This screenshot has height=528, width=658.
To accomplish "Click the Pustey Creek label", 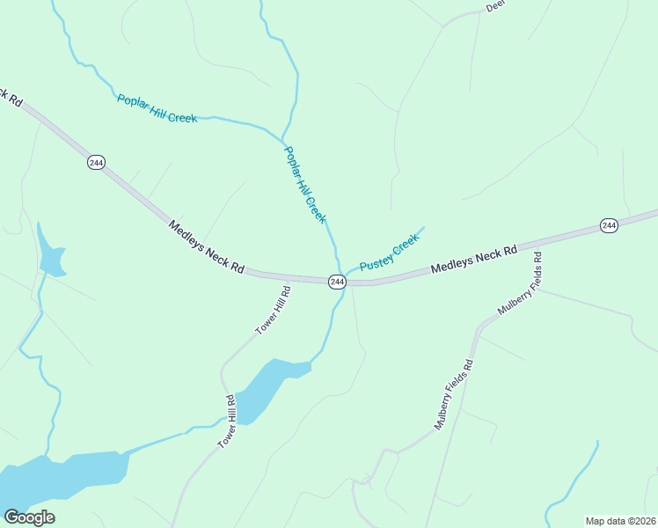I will point(390,253).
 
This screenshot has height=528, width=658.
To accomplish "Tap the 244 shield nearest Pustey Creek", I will point(337,282).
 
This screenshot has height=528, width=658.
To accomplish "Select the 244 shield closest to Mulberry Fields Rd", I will point(609,226).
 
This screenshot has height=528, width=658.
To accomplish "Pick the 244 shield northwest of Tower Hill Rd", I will point(95,162).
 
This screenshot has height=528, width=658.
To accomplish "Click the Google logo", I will point(29,517).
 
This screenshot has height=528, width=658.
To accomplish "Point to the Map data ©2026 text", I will point(620,520).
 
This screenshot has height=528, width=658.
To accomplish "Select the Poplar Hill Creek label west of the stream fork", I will point(157,108).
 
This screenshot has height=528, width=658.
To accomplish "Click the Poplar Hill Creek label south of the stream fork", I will point(304,184).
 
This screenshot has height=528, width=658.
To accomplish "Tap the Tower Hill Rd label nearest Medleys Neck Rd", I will point(273,310).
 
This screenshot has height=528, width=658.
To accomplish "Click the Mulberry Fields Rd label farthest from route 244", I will point(454,395).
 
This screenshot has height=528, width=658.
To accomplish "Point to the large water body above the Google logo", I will point(62,475).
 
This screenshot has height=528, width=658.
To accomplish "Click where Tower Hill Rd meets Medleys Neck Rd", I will point(289,278).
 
